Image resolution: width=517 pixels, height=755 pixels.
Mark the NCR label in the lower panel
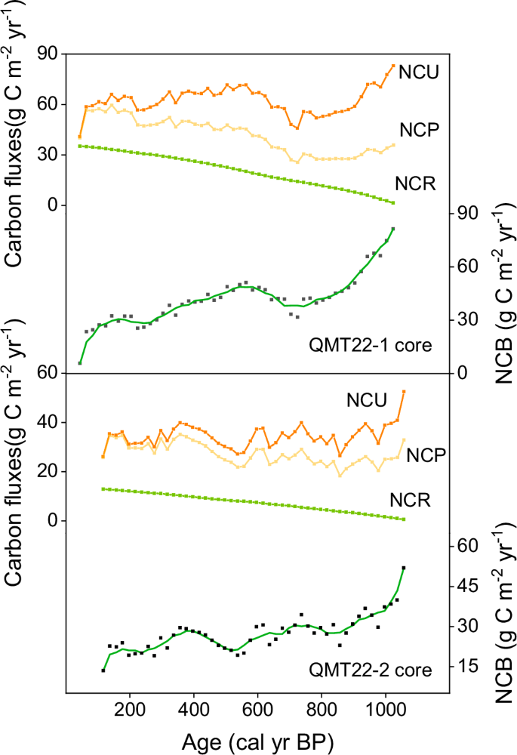pyautogui.click(x=411, y=499)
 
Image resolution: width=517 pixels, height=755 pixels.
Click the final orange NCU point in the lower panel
pyautogui.click(x=404, y=392)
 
